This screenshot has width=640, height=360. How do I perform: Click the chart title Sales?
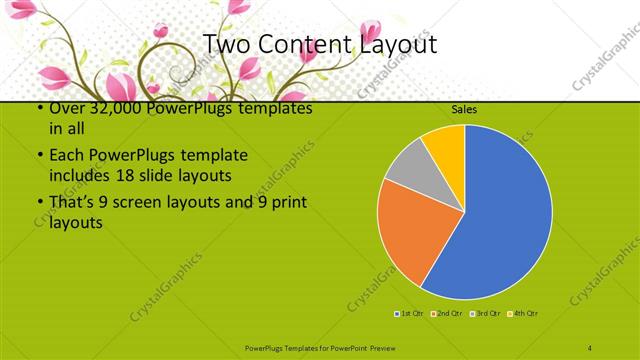463,108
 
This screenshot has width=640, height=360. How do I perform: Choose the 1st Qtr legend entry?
409,315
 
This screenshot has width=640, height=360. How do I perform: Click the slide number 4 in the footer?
590,346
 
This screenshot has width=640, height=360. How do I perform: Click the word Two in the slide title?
225,45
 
